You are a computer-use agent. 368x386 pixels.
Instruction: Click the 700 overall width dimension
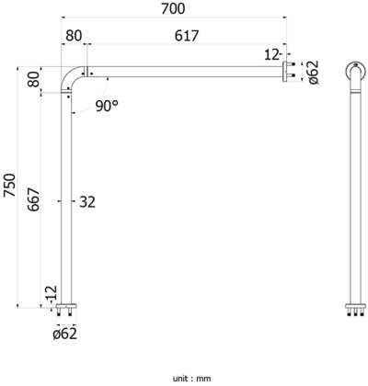(172, 9)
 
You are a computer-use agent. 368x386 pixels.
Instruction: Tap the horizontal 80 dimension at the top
(74, 35)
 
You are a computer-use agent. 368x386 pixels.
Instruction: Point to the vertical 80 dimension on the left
(34, 81)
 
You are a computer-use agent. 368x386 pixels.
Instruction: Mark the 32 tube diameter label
(87, 200)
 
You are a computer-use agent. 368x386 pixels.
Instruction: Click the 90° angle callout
(107, 106)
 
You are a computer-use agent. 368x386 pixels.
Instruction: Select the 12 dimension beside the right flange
(271, 55)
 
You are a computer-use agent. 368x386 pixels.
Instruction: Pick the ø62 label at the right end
(313, 72)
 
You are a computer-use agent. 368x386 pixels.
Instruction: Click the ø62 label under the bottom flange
(64, 333)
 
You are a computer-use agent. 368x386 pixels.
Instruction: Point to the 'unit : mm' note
(191, 377)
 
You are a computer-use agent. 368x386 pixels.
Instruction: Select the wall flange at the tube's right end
(286, 72)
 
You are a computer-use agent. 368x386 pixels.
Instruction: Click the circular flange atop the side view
(354, 72)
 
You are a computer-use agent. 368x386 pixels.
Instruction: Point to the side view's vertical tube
(354, 193)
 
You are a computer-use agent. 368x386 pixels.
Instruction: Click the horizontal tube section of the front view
(184, 72)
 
